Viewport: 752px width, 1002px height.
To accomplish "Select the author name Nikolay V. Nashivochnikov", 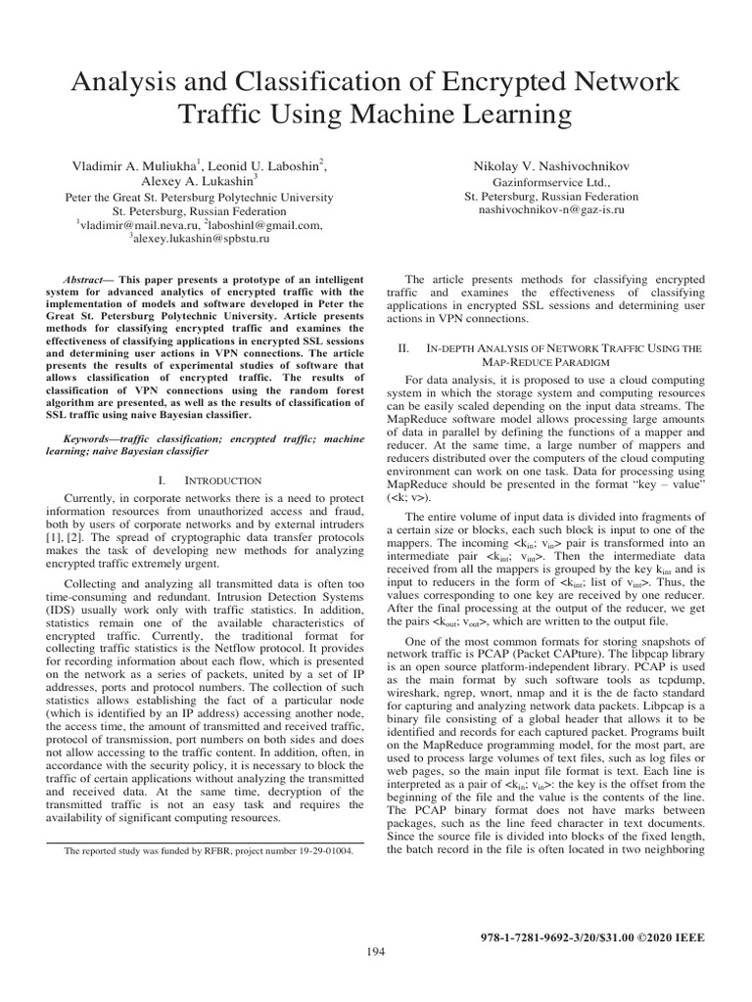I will tap(550, 167).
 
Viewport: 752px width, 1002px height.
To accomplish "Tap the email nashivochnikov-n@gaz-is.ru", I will tap(550, 209).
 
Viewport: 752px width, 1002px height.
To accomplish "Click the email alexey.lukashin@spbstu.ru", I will tap(200, 238).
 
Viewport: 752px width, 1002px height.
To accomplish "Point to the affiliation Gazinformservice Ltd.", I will tap(550, 182).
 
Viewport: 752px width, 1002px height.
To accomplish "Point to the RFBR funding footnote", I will tap(209, 851).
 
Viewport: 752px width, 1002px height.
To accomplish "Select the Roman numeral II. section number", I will tap(401, 347).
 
